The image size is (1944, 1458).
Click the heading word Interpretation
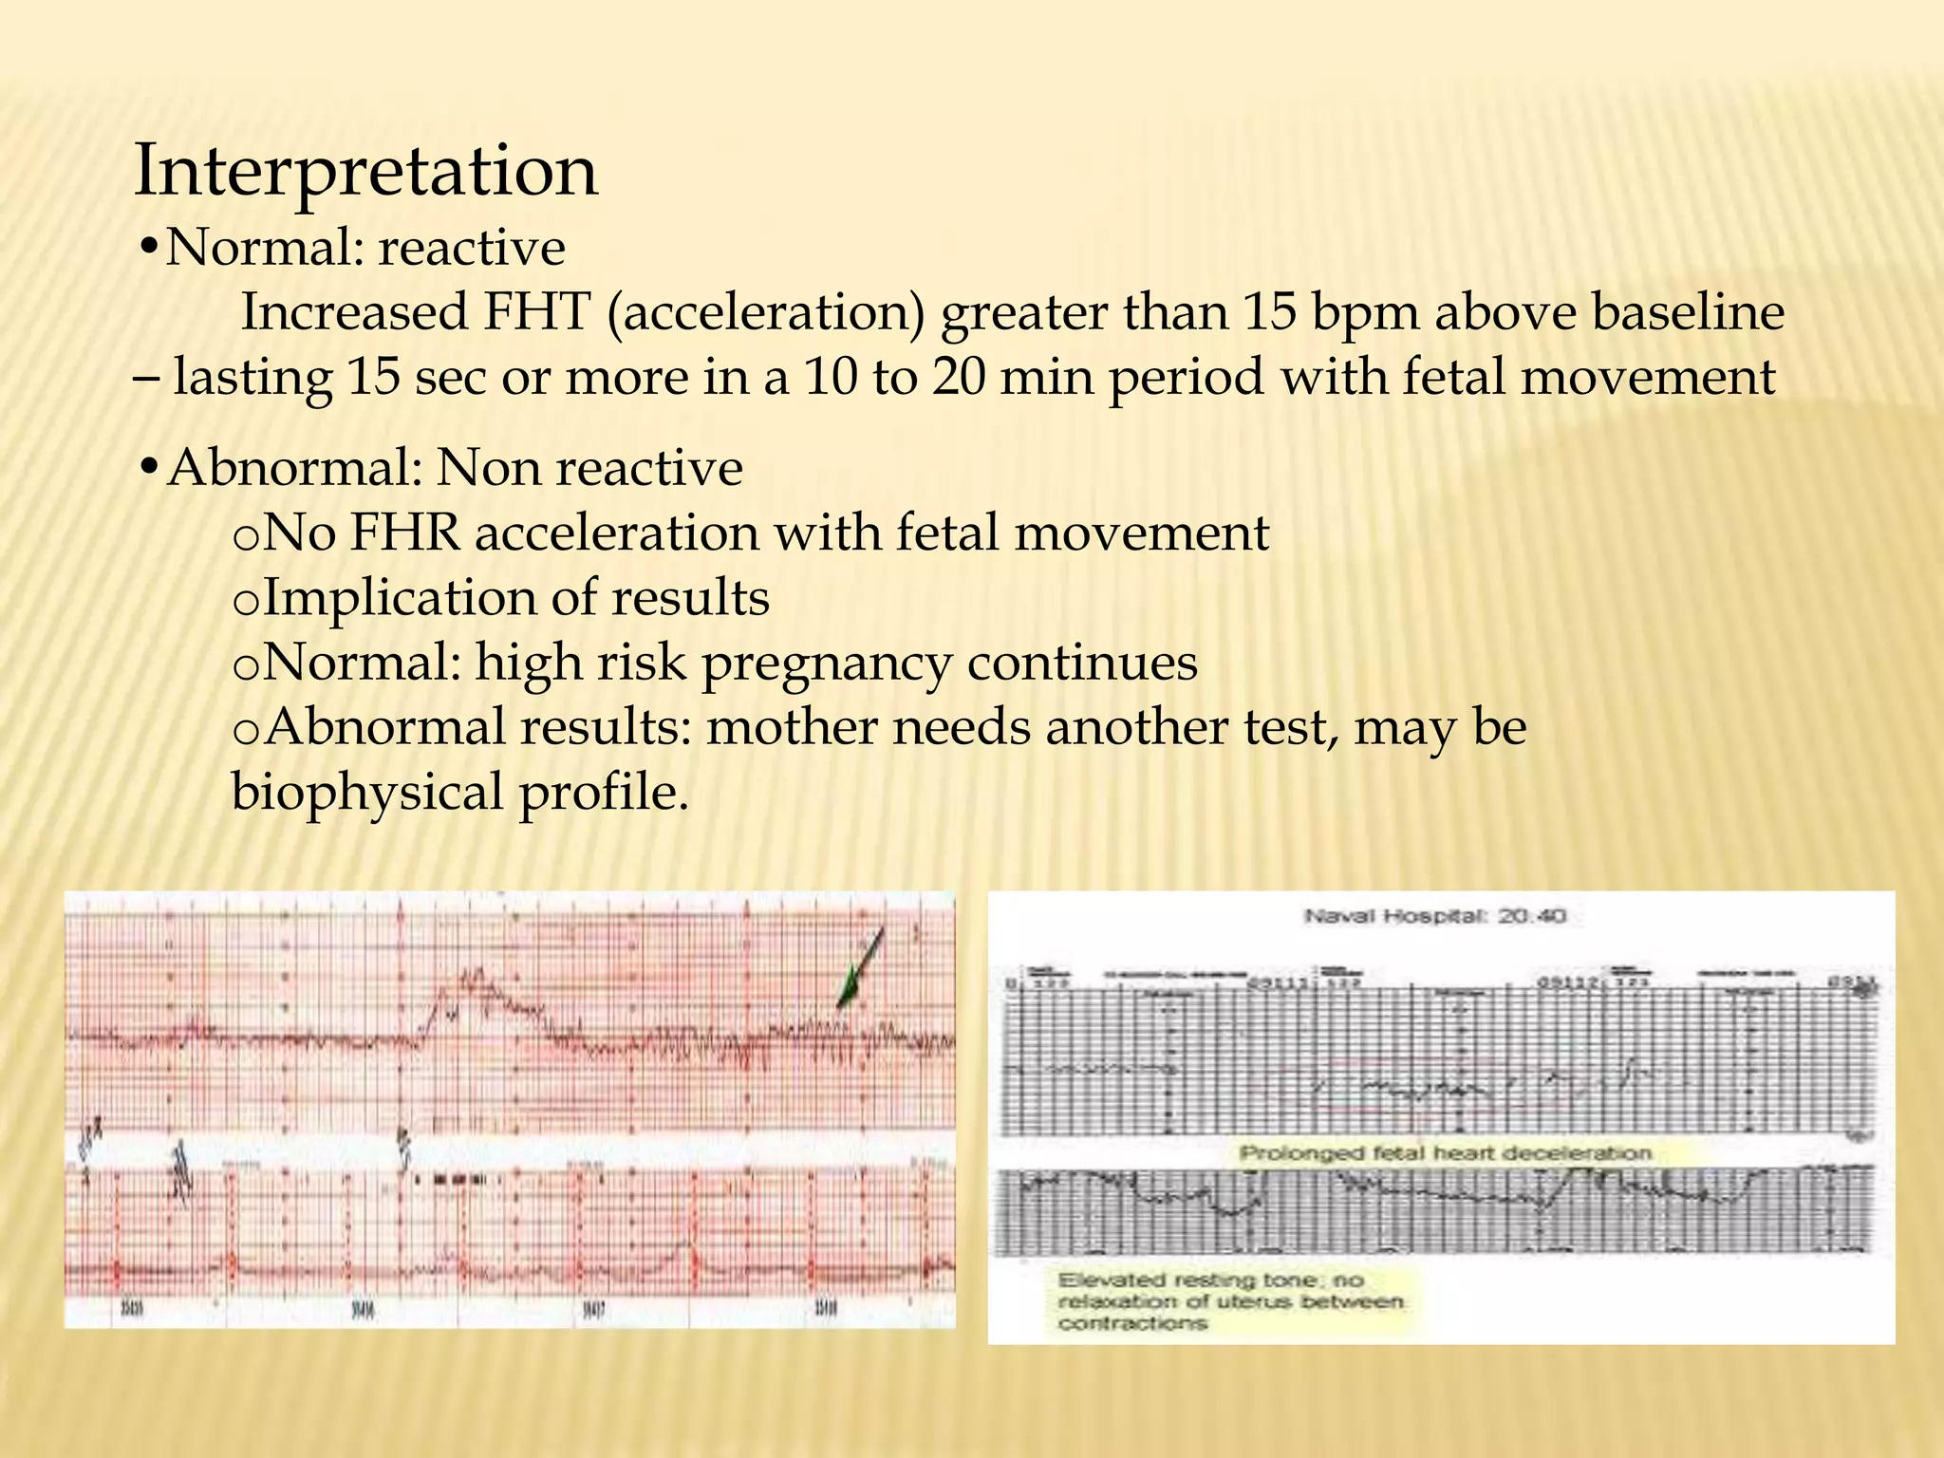[365, 171]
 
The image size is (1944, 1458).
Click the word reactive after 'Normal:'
[472, 249]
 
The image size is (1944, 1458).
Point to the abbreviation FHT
[536, 313]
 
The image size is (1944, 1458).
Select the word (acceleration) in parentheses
[765, 313]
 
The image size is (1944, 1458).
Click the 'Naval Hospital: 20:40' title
[1434, 916]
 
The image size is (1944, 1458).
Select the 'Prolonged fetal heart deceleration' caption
[1446, 1153]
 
